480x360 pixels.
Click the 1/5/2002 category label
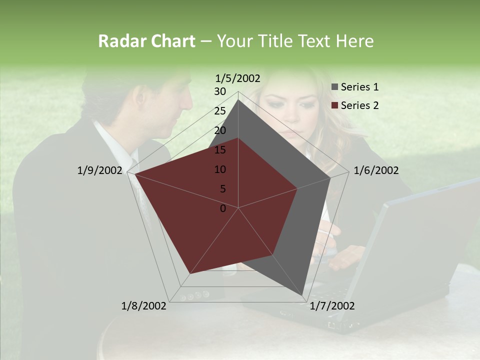pyautogui.click(x=238, y=78)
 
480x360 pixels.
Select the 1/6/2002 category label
pyautogui.click(x=376, y=170)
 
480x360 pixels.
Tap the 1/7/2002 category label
pyautogui.click(x=332, y=305)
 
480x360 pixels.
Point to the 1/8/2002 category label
pyautogui.click(x=144, y=305)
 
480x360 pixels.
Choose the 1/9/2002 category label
pyautogui.click(x=100, y=170)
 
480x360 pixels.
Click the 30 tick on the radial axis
pyautogui.click(x=220, y=91)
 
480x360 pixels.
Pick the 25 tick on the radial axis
pyautogui.click(x=220, y=111)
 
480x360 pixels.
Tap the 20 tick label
pyautogui.click(x=220, y=130)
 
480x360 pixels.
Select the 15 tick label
pyautogui.click(x=220, y=150)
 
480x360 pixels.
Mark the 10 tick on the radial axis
pyautogui.click(x=220, y=169)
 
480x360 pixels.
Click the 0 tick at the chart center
pyautogui.click(x=223, y=208)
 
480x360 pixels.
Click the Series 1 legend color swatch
pyautogui.click(x=335, y=87)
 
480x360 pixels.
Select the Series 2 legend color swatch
pyautogui.click(x=335, y=105)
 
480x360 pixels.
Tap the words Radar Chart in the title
pyautogui.click(x=146, y=41)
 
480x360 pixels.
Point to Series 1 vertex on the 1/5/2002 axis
pyautogui.click(x=238, y=100)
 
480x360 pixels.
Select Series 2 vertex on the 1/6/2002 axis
pyautogui.click(x=297, y=188)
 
